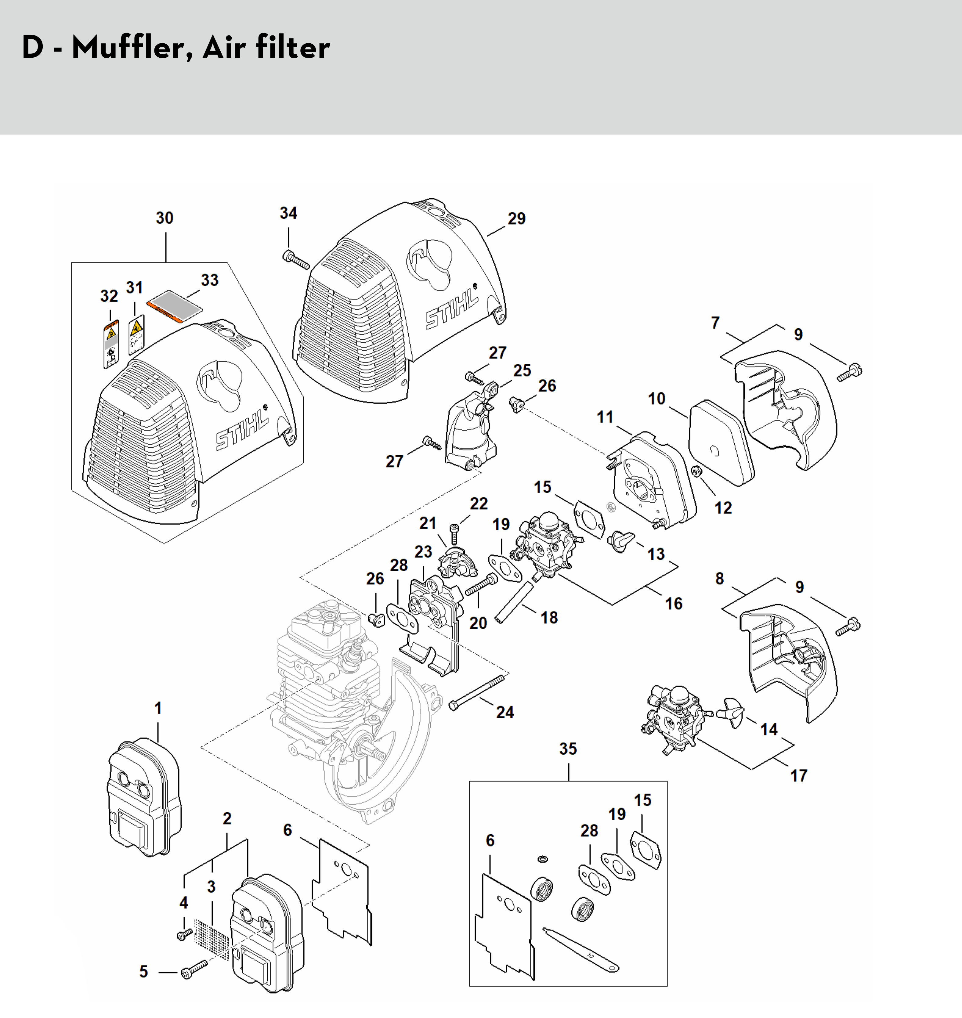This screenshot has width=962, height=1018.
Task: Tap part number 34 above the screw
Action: (288, 213)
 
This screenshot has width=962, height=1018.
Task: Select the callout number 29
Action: (516, 218)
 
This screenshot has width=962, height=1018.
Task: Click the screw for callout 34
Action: (296, 260)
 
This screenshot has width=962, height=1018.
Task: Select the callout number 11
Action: (605, 417)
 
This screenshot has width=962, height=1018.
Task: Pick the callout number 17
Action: (798, 775)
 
